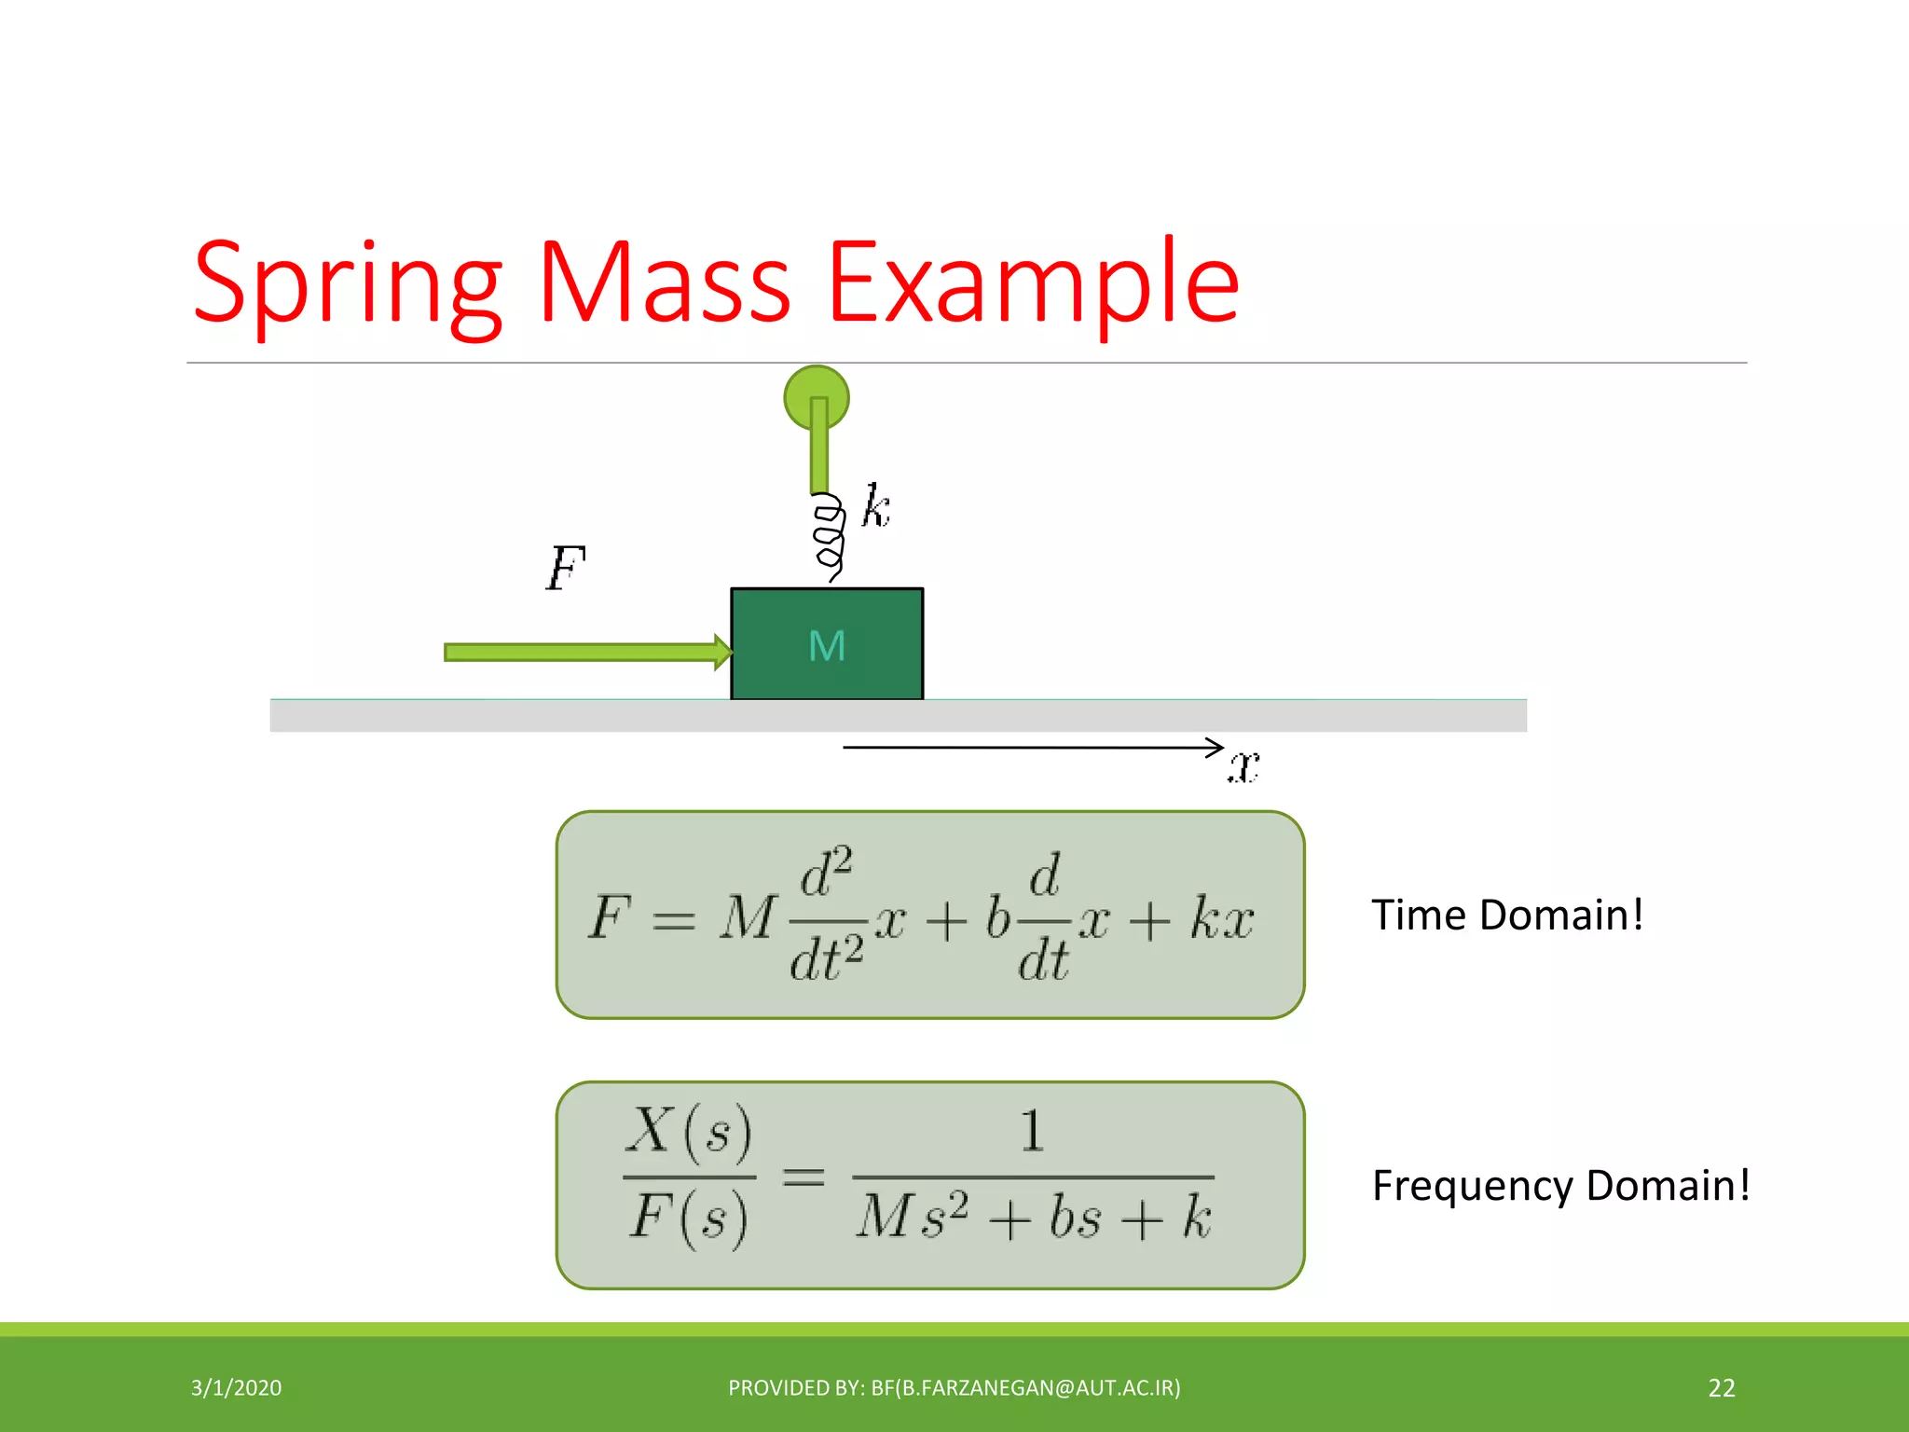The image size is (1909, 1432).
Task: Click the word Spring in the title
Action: [x=347, y=284]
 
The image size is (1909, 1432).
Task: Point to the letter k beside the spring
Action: [x=875, y=507]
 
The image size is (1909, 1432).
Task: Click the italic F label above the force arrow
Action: [x=565, y=568]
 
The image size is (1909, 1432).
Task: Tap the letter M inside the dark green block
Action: [x=827, y=646]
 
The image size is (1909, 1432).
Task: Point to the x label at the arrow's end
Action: [x=1243, y=766]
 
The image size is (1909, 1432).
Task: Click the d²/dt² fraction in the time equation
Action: [x=827, y=915]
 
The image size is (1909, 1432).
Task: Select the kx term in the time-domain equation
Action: [x=1222, y=918]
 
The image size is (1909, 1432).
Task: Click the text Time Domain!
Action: [x=1506, y=915]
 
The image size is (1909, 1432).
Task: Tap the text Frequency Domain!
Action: [x=1560, y=1185]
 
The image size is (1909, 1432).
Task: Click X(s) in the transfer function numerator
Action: [x=689, y=1133]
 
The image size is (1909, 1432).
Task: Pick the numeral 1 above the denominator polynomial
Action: [x=1032, y=1131]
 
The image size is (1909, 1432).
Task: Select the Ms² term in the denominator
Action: [x=912, y=1217]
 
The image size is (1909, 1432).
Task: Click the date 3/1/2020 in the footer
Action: [x=236, y=1387]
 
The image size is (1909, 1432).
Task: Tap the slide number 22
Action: [x=1721, y=1387]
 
